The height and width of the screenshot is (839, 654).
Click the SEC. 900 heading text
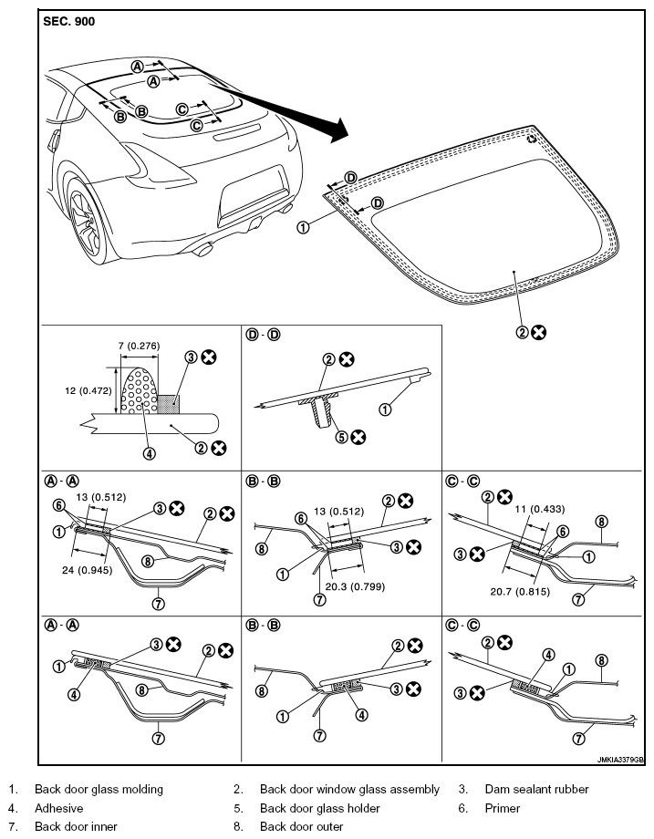tap(68, 21)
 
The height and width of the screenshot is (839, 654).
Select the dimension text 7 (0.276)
tap(139, 346)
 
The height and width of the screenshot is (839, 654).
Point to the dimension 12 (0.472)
tap(88, 390)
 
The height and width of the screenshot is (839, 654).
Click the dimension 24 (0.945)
tap(87, 570)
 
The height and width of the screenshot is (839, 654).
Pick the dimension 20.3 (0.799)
tap(355, 586)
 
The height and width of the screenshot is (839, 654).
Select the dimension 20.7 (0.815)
tap(520, 592)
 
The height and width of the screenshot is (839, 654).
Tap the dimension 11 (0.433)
tap(539, 509)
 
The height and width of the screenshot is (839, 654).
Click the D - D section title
tap(263, 335)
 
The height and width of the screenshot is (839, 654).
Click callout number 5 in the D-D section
tap(341, 437)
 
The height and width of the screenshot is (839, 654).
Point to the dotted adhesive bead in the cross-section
tap(140, 390)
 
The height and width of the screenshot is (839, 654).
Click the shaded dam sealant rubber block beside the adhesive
tap(169, 405)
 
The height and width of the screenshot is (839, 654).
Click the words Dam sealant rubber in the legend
tap(536, 789)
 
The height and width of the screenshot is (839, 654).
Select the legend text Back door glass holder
tap(319, 808)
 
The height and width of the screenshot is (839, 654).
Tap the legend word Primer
tap(502, 808)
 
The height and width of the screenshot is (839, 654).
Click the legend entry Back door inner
tap(76, 827)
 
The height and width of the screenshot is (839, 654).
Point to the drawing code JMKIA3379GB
tap(621, 760)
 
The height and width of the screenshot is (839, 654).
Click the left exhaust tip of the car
tap(204, 249)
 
